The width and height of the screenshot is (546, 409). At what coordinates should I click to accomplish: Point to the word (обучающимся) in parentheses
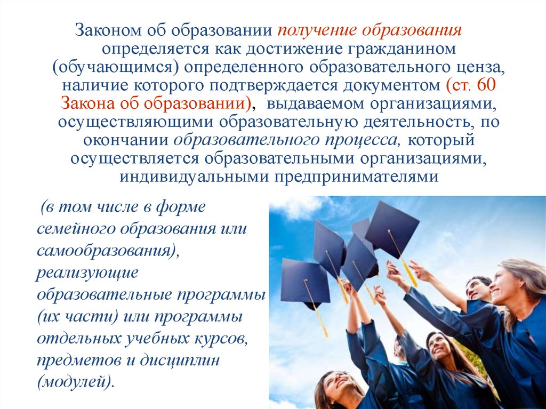coord(116,68)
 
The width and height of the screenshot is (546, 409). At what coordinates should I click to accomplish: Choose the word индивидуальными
coord(194,177)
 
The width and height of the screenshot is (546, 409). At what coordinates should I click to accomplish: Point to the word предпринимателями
coord(357,177)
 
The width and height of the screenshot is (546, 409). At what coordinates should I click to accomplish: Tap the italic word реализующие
coord(87,272)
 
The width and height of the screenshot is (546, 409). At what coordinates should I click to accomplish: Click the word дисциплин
coord(180,360)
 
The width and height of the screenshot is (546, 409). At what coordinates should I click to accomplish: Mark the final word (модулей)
coord(76,382)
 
